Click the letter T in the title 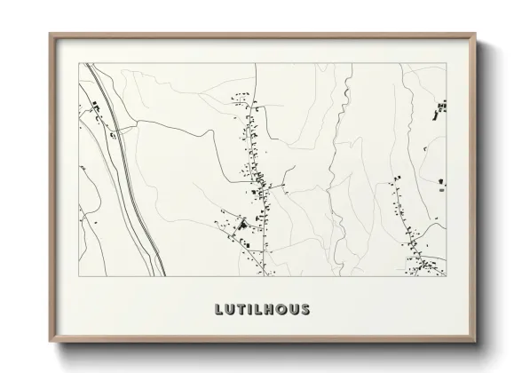241,310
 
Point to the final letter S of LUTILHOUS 306,310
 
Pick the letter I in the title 251,310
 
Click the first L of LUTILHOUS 218,310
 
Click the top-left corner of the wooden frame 50,35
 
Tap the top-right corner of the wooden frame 477,35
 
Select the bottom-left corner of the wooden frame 50,341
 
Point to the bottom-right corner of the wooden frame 477,341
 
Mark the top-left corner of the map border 79,62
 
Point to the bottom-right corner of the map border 446,275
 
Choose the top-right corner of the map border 446,62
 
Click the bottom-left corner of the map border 79,275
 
